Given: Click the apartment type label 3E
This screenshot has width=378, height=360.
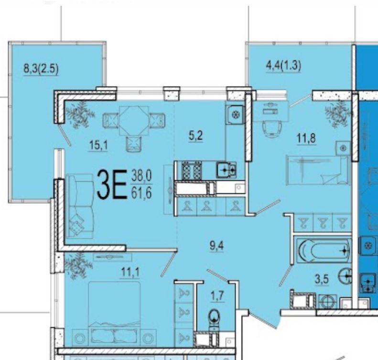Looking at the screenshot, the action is [x=112, y=184].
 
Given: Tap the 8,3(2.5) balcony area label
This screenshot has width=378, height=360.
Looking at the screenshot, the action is [x=41, y=68].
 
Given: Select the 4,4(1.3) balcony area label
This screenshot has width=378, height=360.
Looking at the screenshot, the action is [x=283, y=65].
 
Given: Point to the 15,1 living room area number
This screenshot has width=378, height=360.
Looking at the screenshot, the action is [x=98, y=145].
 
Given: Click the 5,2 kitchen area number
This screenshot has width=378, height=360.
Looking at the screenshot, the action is [x=196, y=136].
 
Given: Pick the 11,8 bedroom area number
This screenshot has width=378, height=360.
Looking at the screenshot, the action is [x=306, y=138].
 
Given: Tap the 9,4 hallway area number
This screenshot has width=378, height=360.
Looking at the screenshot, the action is [x=217, y=246].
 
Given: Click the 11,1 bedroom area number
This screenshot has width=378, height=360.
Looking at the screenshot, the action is [x=130, y=272].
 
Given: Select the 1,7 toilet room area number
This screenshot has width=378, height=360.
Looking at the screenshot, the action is [x=217, y=296].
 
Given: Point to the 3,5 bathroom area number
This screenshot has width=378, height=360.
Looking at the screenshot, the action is [x=322, y=280].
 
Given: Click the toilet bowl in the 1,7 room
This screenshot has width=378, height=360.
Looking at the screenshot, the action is [x=214, y=319].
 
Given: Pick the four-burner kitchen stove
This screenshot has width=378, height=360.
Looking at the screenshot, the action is [x=192, y=170].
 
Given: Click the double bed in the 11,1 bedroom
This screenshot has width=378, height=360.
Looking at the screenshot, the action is [x=114, y=314].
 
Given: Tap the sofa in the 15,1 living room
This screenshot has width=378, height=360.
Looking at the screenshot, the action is [x=80, y=206].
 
